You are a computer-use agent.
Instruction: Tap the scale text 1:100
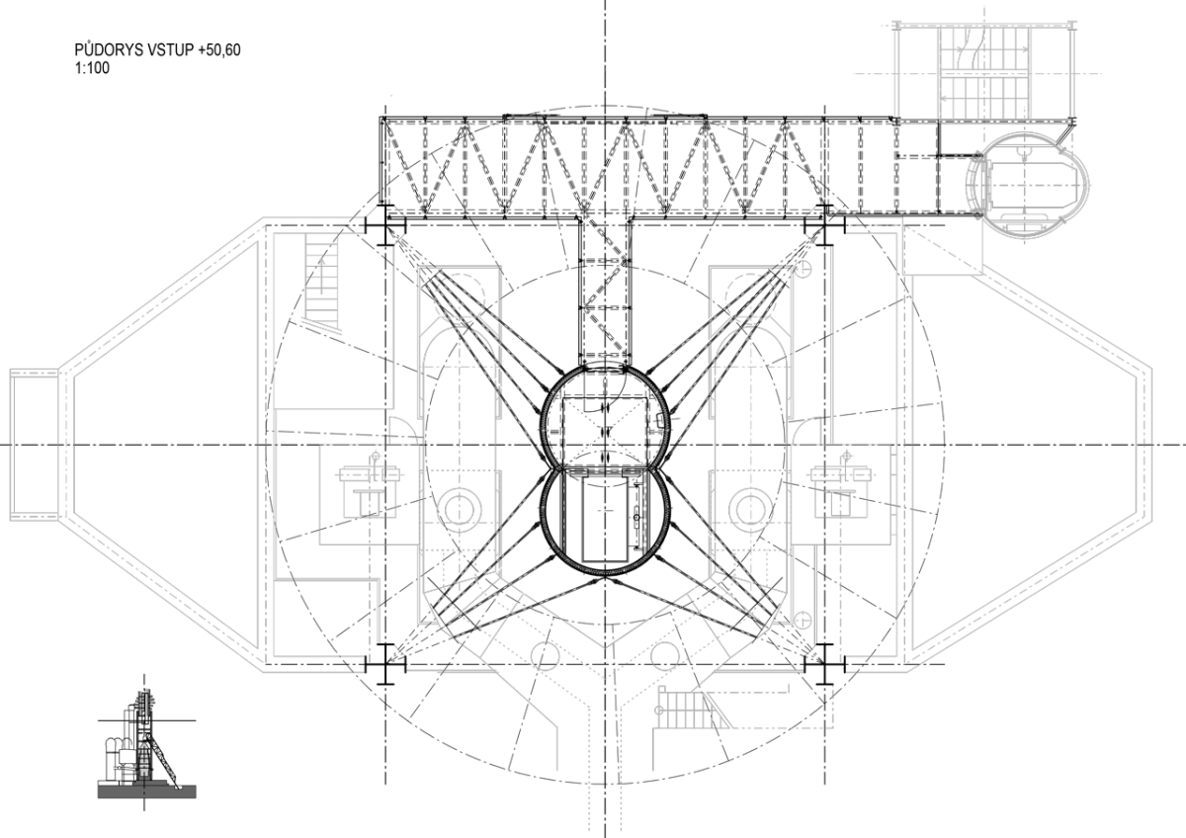[x=92, y=68]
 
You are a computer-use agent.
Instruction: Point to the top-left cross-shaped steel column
[x=384, y=225]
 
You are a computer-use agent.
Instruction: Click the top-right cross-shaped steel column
[x=824, y=225]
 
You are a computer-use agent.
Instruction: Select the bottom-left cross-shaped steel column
[x=384, y=664]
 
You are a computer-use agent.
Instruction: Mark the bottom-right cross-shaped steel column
[x=824, y=664]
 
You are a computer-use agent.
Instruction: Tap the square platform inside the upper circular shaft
[x=605, y=430]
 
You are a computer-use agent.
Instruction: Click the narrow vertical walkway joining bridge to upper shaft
[x=605, y=292]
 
